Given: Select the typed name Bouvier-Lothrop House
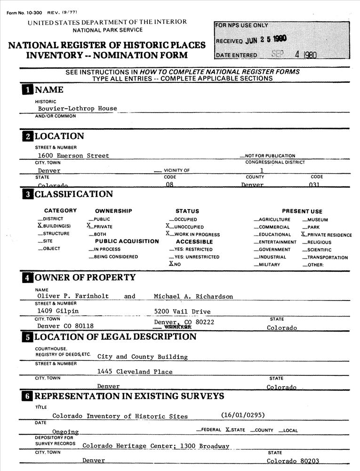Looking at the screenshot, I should [78, 108].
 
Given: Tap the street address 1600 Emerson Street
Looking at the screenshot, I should [73, 155].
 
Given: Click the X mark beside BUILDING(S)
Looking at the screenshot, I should [40, 226].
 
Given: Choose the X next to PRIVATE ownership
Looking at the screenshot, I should [89, 226].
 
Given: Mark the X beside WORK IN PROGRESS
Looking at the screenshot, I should [167, 234].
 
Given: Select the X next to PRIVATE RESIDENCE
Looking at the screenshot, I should [304, 234].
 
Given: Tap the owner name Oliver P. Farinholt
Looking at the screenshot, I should [73, 296].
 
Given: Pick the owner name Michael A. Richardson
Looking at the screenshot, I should [193, 296].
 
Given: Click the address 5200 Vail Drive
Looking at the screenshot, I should [182, 311].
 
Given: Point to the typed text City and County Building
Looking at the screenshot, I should [142, 357].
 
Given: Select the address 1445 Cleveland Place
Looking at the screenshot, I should [135, 372].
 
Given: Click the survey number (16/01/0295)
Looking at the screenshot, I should [243, 415].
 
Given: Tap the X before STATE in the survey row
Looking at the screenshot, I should [228, 430].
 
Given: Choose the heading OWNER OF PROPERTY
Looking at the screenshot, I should [85, 277].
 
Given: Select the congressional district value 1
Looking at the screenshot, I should [262, 170].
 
